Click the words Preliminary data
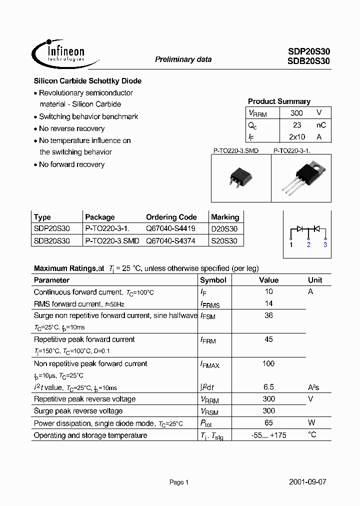click(183, 59)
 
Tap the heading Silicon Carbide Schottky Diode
click(87, 81)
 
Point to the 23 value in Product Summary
click(296, 125)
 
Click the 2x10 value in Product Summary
click(297, 136)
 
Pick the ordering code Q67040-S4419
click(170, 228)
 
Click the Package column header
click(100, 217)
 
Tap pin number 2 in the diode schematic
click(308, 244)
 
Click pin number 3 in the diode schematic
click(325, 244)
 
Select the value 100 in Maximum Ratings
click(268, 363)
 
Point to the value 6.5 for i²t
click(268, 387)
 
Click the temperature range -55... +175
click(268, 435)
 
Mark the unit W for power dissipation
click(311, 423)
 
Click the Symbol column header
click(213, 280)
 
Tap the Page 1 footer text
click(179, 482)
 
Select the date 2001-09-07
click(307, 482)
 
